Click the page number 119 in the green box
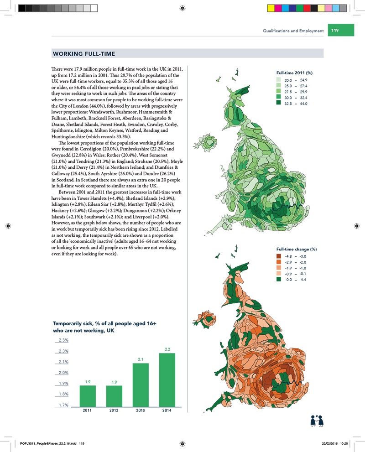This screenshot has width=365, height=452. pyautogui.click(x=335, y=31)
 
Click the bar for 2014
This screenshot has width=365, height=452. pyautogui.click(x=167, y=379)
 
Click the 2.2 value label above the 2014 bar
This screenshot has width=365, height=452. pyautogui.click(x=167, y=349)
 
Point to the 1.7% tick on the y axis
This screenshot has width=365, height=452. pyautogui.click(x=63, y=405)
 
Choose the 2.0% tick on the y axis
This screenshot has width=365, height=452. pyautogui.click(x=63, y=373)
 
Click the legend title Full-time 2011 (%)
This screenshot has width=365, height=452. pyautogui.click(x=294, y=73)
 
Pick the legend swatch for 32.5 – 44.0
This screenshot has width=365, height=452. pyautogui.click(x=280, y=104)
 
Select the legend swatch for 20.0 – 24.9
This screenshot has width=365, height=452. pyautogui.click(x=280, y=80)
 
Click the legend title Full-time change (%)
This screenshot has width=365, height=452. pyautogui.click(x=297, y=249)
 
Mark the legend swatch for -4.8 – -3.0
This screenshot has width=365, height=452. pyautogui.click(x=280, y=257)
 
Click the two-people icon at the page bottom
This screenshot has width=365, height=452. pyautogui.click(x=317, y=420)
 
